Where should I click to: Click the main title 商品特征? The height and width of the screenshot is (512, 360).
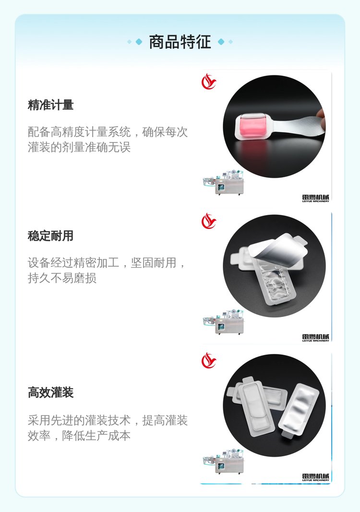tap(180, 42)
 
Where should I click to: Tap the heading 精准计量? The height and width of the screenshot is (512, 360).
tap(50, 105)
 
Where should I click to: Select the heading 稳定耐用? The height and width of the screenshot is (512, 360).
tap(50, 235)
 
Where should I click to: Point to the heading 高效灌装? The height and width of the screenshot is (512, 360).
tap(50, 392)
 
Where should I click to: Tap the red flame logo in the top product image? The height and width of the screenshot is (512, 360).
tap(209, 82)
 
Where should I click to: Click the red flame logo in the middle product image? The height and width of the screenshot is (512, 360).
tap(209, 221)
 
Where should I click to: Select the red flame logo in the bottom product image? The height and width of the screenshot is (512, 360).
tap(209, 361)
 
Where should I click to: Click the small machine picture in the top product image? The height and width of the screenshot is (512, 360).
tap(223, 182)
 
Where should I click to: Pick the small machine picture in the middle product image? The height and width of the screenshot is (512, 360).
tap(223, 321)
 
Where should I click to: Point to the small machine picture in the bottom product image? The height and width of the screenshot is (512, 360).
tap(223, 461)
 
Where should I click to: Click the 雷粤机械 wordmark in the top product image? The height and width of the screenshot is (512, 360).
tap(316, 198)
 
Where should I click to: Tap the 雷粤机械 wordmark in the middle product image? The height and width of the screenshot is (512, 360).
tap(316, 338)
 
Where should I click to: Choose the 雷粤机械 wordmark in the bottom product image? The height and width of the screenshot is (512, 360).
tap(316, 477)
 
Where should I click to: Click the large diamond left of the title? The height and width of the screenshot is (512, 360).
tap(139, 42)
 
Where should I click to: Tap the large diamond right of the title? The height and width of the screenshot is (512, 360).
tap(221, 42)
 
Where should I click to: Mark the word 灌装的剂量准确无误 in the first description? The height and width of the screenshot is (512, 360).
tap(79, 147)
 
